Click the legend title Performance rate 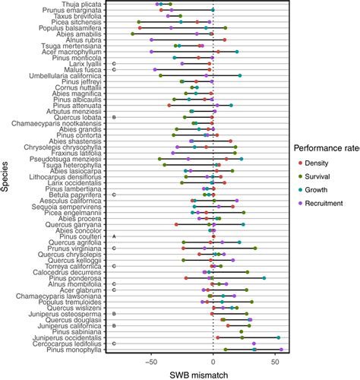point(326,148)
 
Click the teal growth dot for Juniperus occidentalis point(278,337)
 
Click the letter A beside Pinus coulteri point(113,236)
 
